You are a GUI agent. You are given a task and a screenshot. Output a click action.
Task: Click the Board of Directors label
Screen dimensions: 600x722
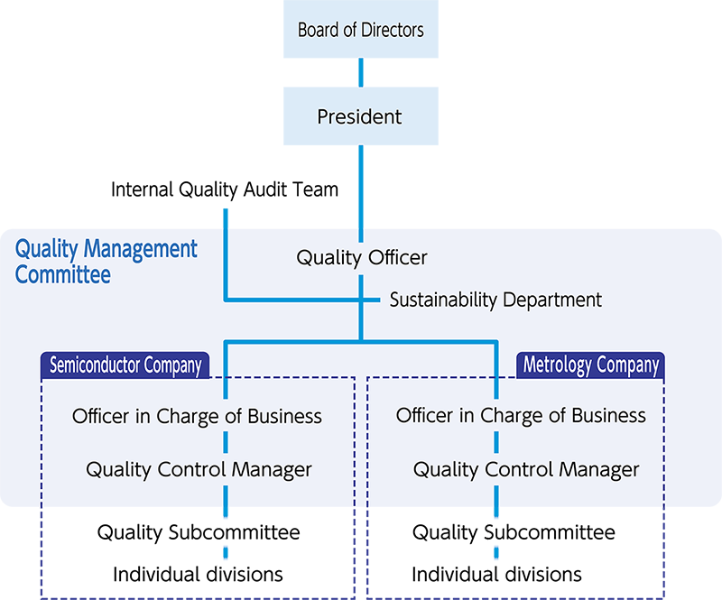click(360, 31)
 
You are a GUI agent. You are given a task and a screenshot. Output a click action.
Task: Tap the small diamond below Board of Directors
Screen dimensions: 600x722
click(361, 72)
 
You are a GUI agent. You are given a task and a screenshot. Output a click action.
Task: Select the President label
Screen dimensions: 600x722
click(360, 117)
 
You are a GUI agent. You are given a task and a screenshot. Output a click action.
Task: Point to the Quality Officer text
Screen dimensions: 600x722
click(361, 258)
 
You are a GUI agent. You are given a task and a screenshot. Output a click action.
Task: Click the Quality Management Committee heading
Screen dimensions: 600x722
click(106, 261)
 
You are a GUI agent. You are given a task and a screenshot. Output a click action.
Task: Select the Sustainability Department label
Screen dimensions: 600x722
click(495, 300)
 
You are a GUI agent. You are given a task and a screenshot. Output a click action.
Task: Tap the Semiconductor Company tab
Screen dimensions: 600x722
click(125, 365)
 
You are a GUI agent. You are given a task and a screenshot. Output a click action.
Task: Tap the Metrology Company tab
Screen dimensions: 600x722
click(591, 365)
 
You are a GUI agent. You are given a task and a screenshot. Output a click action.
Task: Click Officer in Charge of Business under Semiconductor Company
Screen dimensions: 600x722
click(197, 416)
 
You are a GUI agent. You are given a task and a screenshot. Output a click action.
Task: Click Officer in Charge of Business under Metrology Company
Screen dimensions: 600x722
click(521, 416)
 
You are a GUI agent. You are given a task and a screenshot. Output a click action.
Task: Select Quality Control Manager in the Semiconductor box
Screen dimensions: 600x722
click(199, 470)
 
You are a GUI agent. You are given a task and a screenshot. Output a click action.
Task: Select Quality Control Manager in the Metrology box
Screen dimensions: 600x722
click(525, 470)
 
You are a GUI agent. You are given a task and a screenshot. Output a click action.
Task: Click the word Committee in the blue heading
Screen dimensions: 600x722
click(62, 274)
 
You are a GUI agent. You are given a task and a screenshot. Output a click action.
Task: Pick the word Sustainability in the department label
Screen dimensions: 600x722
click(446, 300)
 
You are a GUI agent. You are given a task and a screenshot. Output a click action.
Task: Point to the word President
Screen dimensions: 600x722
click(360, 117)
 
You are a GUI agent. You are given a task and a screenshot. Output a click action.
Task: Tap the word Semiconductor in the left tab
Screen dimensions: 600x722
click(97, 365)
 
